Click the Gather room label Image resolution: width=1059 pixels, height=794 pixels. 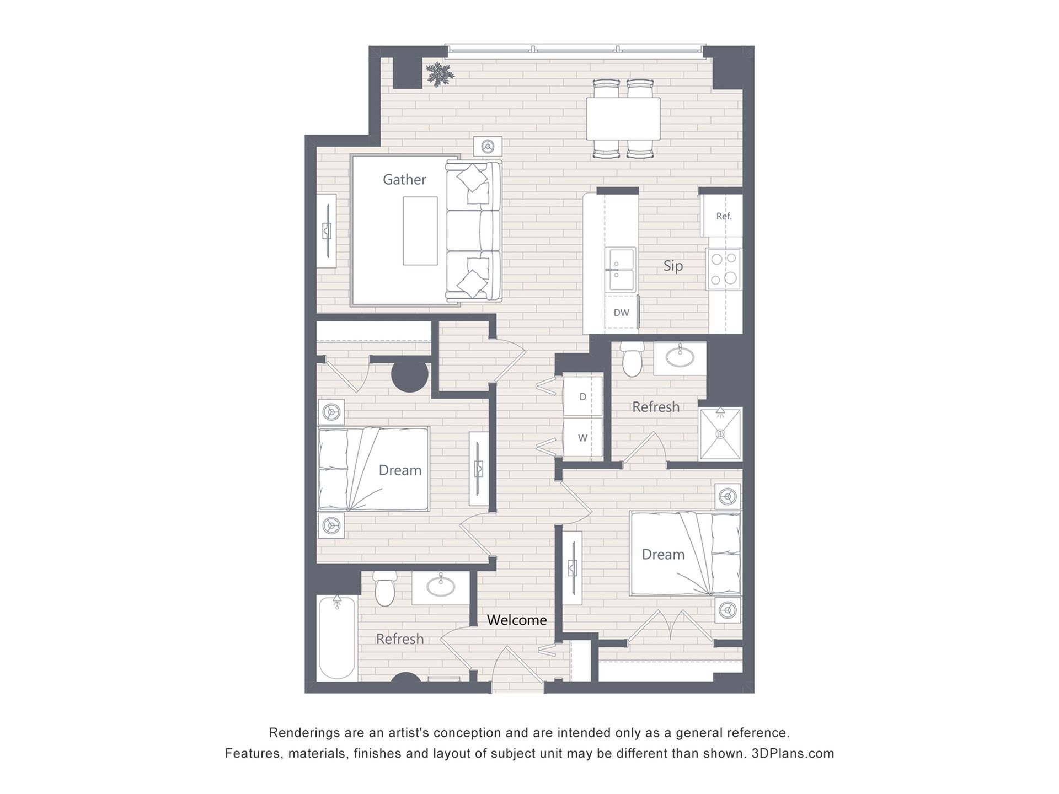point(404,180)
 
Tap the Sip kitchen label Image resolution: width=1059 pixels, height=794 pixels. point(673,266)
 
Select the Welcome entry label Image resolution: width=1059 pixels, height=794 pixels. point(517,620)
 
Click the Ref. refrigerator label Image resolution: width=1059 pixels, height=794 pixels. point(724,216)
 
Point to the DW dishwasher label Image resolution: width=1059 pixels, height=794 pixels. point(621,313)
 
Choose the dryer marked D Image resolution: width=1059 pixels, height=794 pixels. point(582,396)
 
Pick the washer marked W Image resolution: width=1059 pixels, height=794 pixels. point(582,438)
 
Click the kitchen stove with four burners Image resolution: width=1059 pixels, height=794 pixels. point(724,269)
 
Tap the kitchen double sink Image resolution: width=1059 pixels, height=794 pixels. point(621,270)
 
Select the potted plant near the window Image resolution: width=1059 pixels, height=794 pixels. point(440,74)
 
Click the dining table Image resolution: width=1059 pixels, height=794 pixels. point(623,119)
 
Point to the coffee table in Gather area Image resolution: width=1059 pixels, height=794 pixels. point(420,231)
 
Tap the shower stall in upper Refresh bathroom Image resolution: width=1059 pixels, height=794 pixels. point(720,434)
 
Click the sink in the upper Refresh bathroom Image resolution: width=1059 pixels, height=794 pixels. point(680,358)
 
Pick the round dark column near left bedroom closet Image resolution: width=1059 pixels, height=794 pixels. point(410,375)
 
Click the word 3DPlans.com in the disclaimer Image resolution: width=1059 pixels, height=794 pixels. point(793,753)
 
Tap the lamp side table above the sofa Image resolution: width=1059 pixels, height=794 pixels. point(488,147)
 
